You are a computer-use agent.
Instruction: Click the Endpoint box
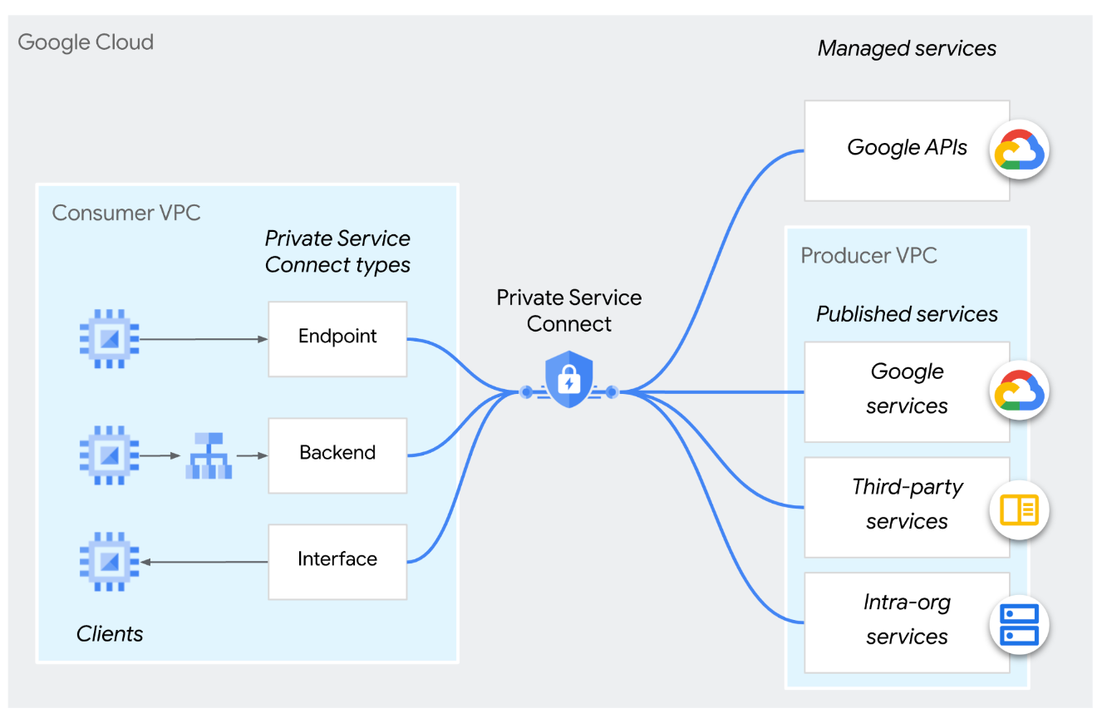(x=337, y=338)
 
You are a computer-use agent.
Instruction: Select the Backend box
(x=337, y=455)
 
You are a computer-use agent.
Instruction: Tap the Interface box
(x=337, y=561)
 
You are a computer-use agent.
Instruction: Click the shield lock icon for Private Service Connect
(x=568, y=381)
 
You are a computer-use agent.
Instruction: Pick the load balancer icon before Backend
(x=208, y=455)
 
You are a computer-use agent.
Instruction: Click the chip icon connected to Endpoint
(x=109, y=338)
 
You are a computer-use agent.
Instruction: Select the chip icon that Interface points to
(x=109, y=563)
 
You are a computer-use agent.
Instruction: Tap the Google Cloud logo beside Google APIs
(x=1019, y=151)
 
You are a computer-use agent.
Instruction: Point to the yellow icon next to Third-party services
(x=1019, y=510)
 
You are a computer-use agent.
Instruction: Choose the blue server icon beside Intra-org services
(x=1019, y=625)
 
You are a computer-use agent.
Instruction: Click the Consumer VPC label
(x=125, y=213)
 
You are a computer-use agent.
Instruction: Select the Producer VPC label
(x=868, y=255)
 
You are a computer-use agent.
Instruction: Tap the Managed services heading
(x=907, y=48)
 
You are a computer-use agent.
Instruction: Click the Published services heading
(x=907, y=314)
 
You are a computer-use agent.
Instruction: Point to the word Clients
(x=110, y=634)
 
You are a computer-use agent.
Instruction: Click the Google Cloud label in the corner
(x=86, y=42)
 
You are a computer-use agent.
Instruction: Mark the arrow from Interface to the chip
(x=204, y=563)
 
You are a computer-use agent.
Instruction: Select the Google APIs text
(x=907, y=148)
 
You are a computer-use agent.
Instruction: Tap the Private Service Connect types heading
(x=337, y=252)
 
